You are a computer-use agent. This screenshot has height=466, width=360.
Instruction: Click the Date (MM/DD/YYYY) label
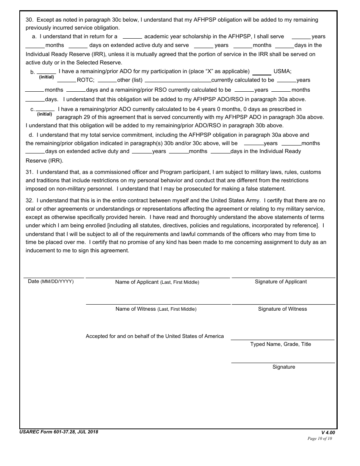tap(51, 281)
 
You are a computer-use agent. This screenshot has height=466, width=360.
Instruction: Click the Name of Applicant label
tap(157, 282)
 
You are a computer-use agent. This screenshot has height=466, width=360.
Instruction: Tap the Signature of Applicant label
tap(281, 282)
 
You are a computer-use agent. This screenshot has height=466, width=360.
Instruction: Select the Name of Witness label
tap(156, 309)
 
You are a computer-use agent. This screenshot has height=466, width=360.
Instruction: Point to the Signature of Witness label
tap(282, 309)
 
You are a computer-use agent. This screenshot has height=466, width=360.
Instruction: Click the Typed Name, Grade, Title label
tap(280, 344)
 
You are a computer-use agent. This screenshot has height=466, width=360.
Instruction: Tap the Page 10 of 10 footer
tap(319, 439)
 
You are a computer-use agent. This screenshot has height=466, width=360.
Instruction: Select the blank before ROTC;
tap(66, 81)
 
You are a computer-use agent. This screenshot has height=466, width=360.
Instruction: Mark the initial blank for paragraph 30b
tap(46, 72)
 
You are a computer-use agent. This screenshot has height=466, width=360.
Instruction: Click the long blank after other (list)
tap(178, 81)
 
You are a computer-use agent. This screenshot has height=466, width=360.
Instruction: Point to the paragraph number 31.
tap(29, 172)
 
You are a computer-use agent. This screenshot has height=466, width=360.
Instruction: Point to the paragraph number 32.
tap(29, 201)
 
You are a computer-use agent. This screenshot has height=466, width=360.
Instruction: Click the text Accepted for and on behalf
tap(155, 336)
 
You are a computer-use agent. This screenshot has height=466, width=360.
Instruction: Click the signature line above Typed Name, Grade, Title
tap(283, 339)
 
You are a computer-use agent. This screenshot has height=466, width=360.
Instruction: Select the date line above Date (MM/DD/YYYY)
tap(54, 277)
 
